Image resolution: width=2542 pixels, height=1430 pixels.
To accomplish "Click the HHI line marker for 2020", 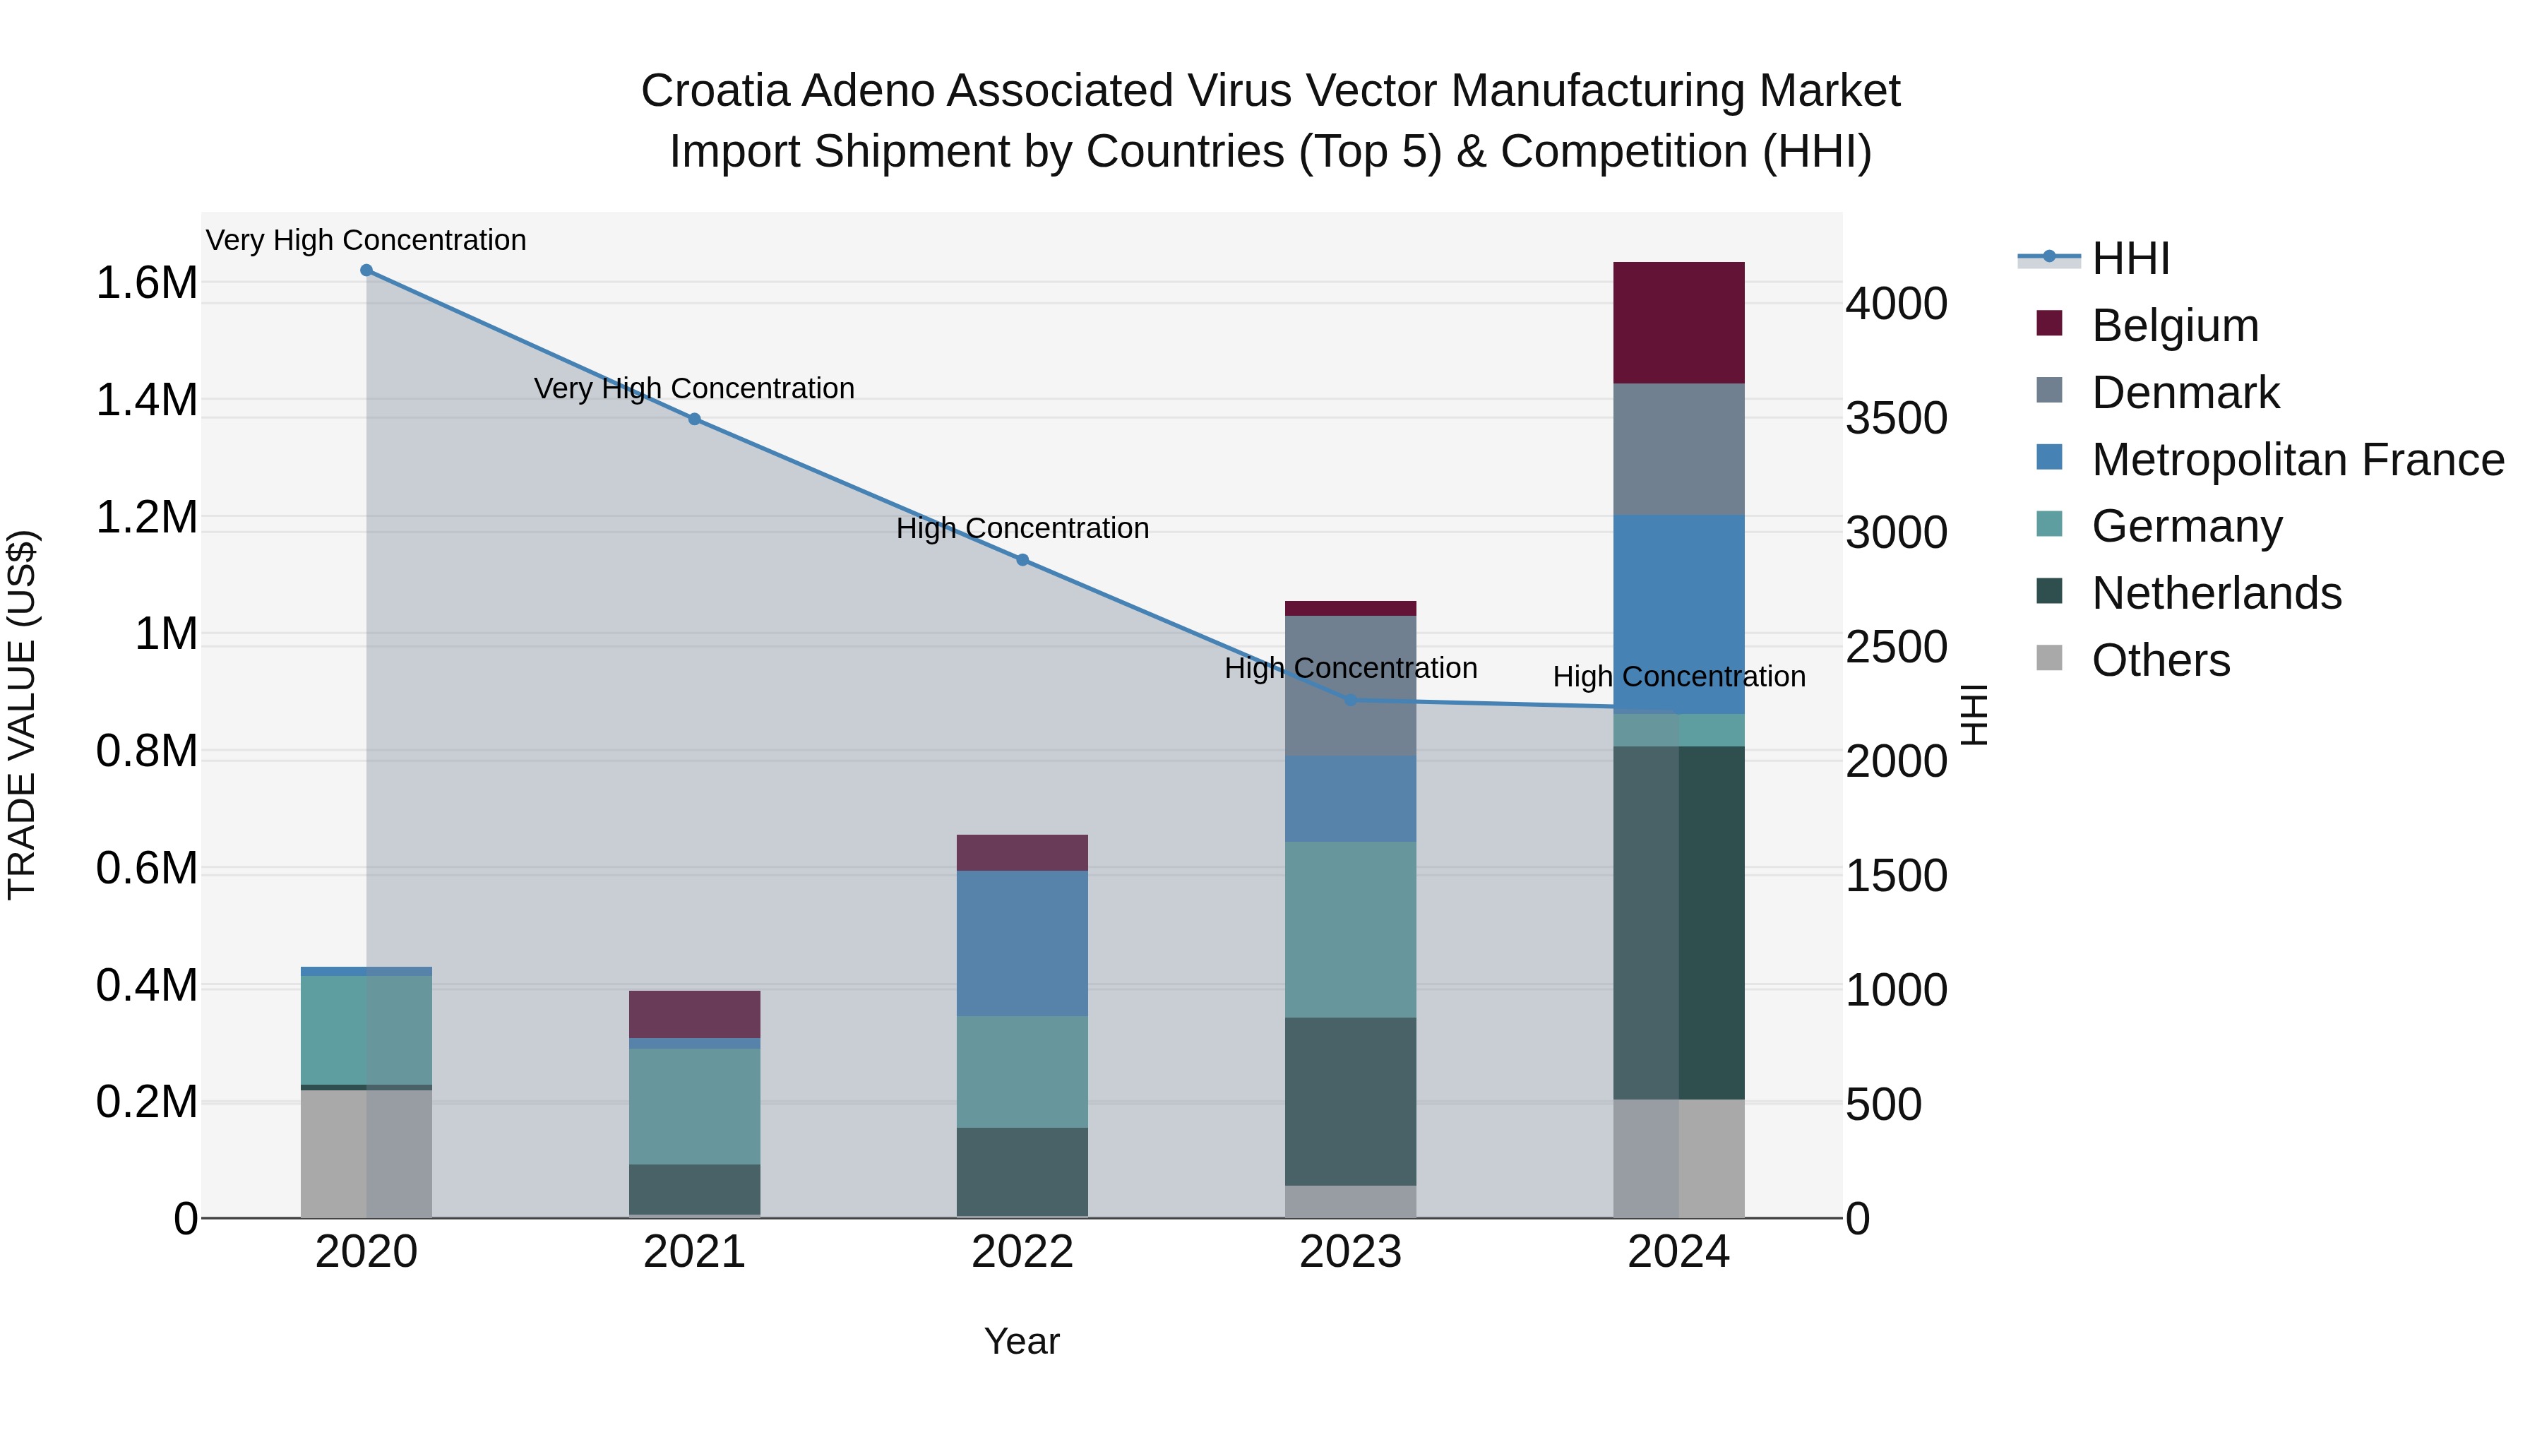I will (x=366, y=270).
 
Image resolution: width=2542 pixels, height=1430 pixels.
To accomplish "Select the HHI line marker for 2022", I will (x=1022, y=559).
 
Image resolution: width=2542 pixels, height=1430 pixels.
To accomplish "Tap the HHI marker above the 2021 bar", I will (x=695, y=419).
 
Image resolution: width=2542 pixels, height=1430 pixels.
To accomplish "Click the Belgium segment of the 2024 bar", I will (x=1678, y=323).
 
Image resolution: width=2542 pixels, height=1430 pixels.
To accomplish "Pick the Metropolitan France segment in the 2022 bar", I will (x=1022, y=943).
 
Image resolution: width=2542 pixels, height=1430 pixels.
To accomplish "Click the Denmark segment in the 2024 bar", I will (x=1678, y=449).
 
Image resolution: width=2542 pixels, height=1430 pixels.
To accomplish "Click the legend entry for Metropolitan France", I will (x=2297, y=460).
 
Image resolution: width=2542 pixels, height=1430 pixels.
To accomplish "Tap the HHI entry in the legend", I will (x=2130, y=258).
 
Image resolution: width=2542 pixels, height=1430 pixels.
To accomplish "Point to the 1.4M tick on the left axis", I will (x=146, y=400).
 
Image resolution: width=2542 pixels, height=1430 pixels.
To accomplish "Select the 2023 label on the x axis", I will (x=1350, y=1252).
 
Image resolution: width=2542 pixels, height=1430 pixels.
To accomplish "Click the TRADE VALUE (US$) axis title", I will (x=22, y=715).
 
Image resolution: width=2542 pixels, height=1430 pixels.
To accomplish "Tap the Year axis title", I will (x=1021, y=1341).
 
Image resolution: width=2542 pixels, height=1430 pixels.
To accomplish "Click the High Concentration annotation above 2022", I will (x=1022, y=529).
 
